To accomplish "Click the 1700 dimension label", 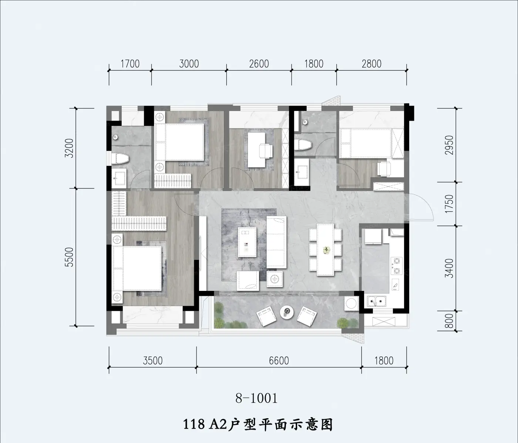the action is [130, 64].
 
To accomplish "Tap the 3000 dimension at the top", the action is [189, 64].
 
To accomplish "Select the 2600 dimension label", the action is [259, 64].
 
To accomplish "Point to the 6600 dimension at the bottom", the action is [279, 361].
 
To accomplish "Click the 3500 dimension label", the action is [152, 361].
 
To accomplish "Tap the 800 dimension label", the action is [450, 321].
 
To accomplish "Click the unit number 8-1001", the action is [257, 398].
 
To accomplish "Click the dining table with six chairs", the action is [325, 250].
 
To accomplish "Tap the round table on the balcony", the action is [287, 312].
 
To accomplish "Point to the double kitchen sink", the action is [376, 301].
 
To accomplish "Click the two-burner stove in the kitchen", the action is [397, 266].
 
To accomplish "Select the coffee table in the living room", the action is [247, 242].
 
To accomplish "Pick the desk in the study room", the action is [257, 150].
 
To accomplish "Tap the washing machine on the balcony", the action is [351, 304].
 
